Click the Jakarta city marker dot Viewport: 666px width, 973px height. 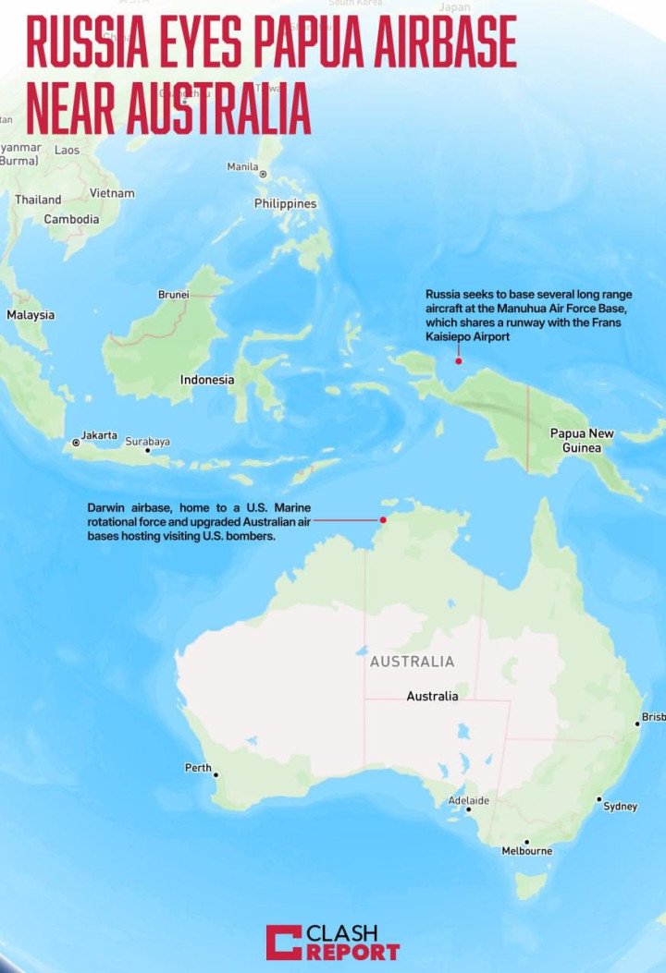tap(77, 443)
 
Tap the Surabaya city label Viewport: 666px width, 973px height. tap(148, 442)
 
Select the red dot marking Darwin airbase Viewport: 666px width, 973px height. tap(383, 519)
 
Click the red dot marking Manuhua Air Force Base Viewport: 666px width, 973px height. tap(458, 360)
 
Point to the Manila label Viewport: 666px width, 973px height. tap(242, 167)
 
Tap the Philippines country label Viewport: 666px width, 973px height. tap(285, 203)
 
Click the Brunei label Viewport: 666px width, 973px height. tap(174, 295)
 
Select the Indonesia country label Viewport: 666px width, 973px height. tap(207, 380)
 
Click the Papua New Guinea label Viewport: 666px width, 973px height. tap(582, 440)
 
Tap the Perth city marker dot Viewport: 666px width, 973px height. tap(216, 775)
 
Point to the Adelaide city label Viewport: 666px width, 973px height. tap(469, 800)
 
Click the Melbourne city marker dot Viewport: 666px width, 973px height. tap(526, 842)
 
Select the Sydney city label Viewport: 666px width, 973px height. tap(620, 807)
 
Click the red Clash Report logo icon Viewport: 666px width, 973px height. tap(283, 942)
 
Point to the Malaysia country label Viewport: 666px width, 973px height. tap(31, 315)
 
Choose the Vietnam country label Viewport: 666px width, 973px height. tap(112, 193)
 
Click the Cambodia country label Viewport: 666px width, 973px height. tap(71, 220)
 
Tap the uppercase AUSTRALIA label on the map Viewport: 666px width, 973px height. tap(412, 662)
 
